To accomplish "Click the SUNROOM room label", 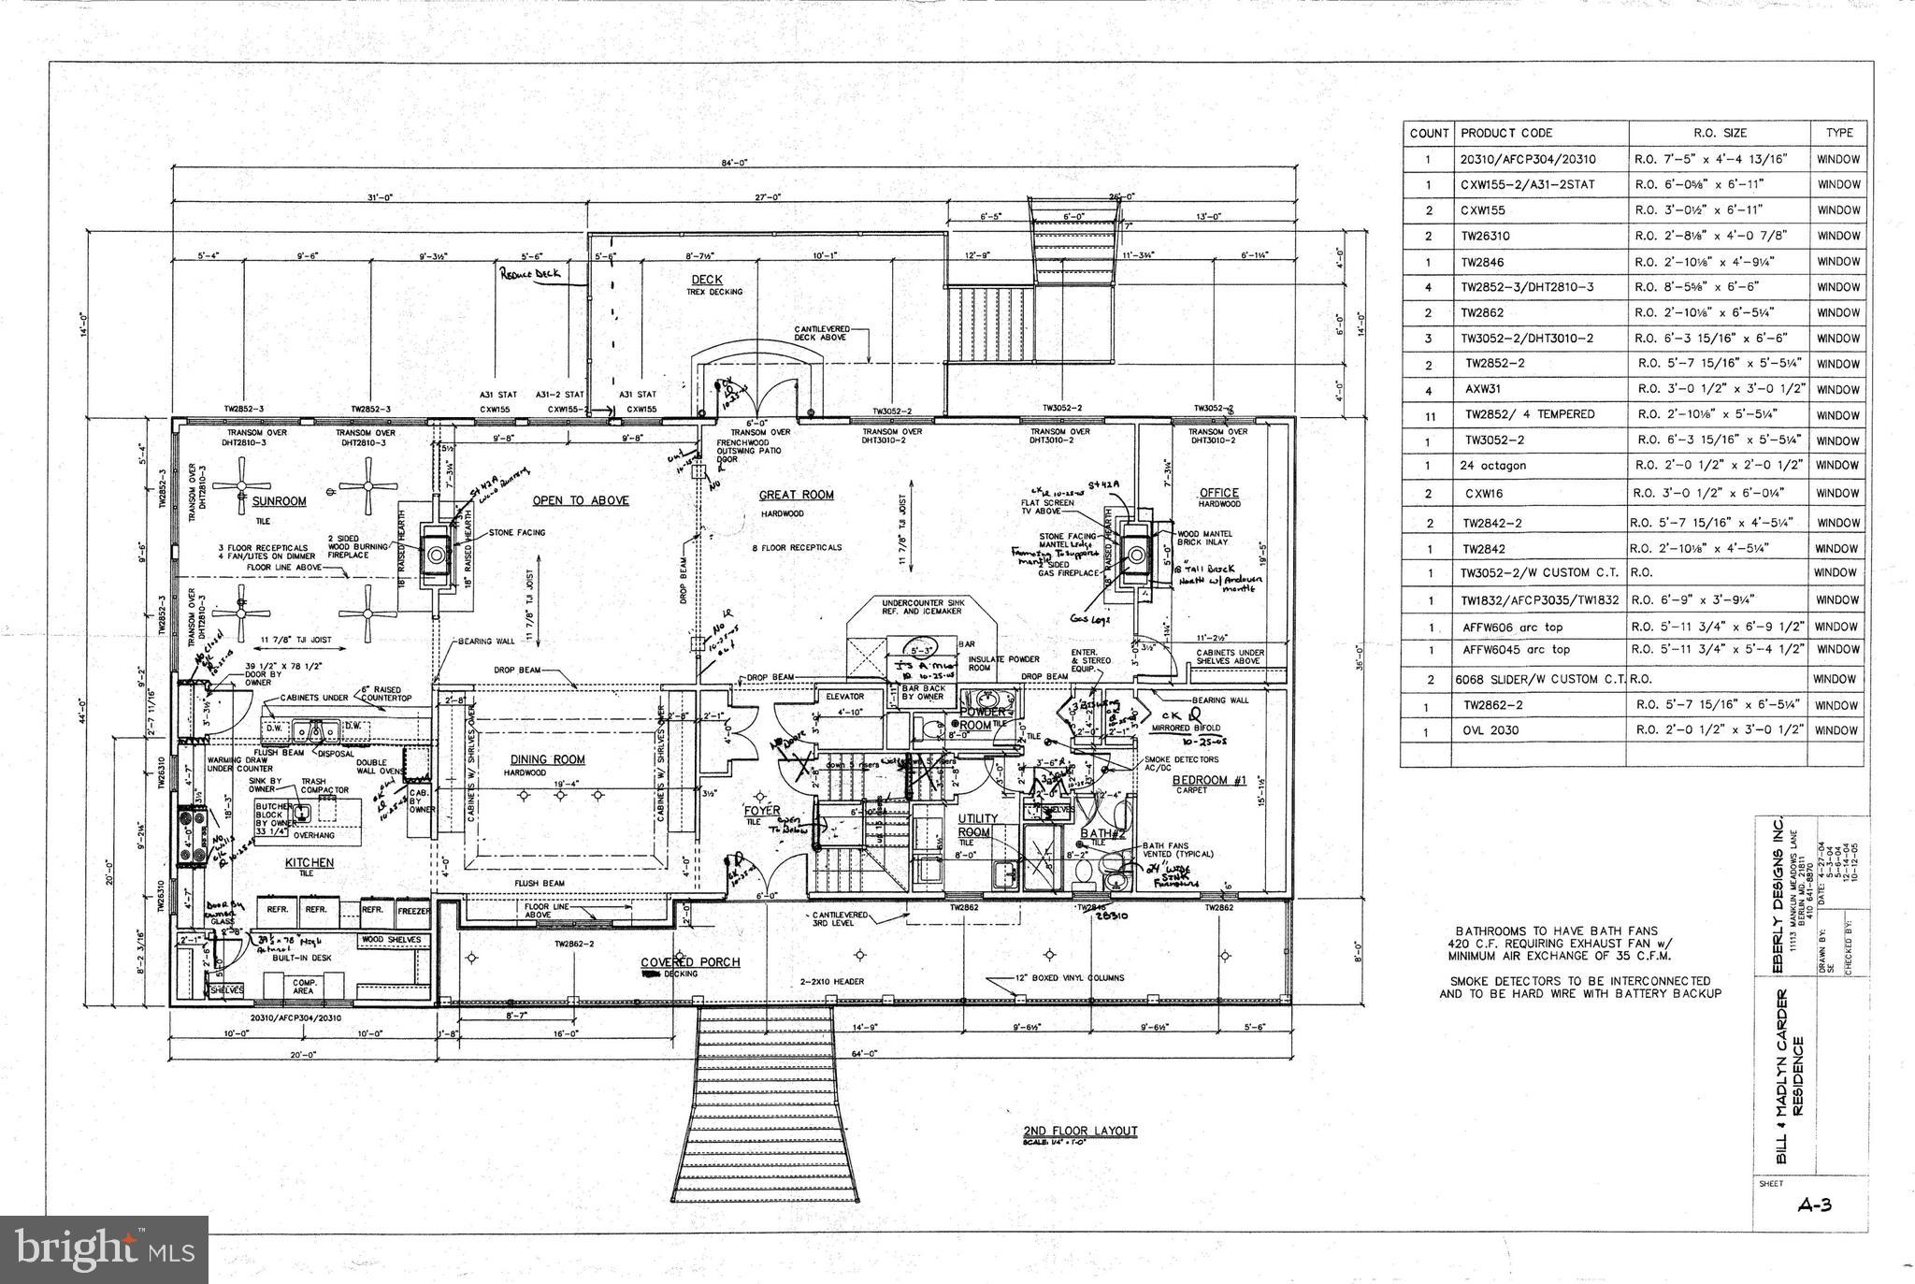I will pos(279,501).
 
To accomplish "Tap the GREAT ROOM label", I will pos(796,495).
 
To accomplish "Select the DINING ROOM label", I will pos(547,759).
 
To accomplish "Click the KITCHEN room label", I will pos(310,862).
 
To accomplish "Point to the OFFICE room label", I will pos(1218,492).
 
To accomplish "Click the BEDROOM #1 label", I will pos(1209,780).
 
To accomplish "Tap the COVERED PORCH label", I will pos(690,961).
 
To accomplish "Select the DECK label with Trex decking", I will pos(707,280).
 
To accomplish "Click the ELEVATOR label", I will pos(845,697).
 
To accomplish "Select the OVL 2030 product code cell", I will pos(1490,730).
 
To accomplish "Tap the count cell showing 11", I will pos(1429,415).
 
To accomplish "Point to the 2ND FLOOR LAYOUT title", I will pos(1080,1131).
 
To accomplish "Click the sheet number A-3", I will pos(1814,1205).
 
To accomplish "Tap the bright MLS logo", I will pos(105,1249).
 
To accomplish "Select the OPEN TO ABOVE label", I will pos(580,500).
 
